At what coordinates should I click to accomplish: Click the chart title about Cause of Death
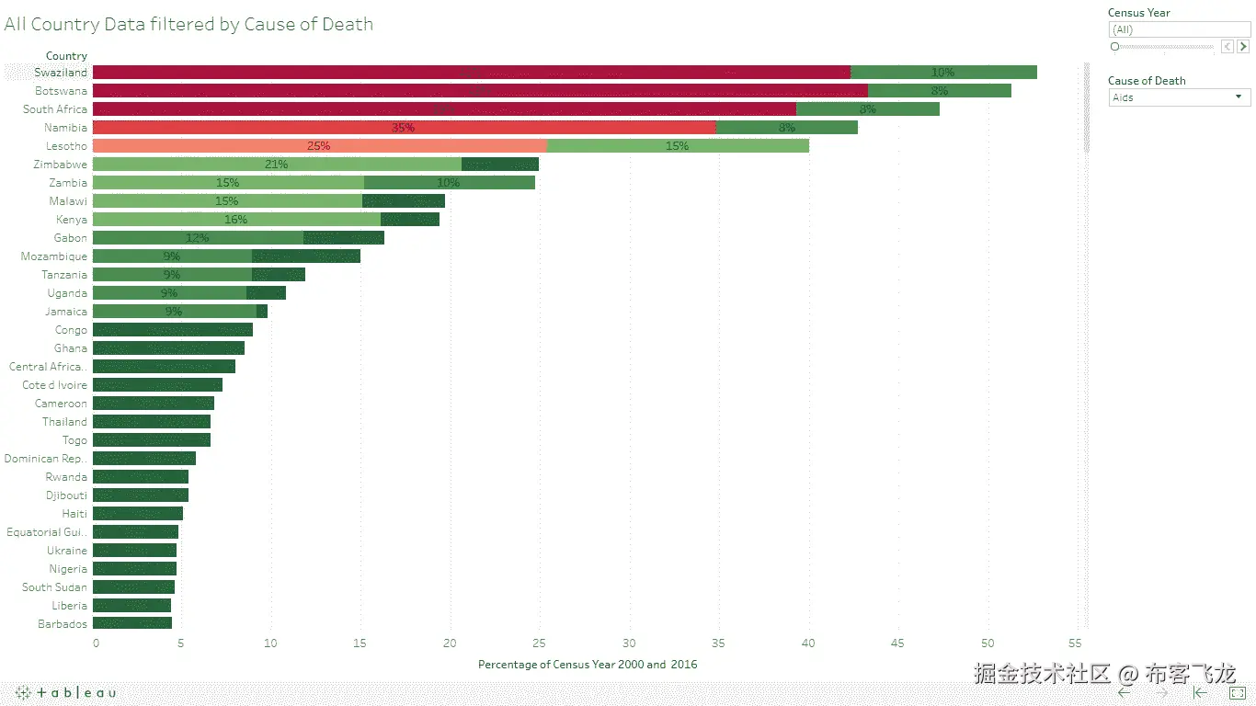(188, 25)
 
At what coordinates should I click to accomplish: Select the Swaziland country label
(61, 73)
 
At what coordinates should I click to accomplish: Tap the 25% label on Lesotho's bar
(318, 146)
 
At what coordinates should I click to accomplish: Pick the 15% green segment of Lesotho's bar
(678, 146)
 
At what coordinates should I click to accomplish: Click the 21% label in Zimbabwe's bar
(276, 165)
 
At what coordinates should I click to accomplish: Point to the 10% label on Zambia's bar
(449, 183)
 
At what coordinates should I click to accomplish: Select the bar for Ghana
(168, 348)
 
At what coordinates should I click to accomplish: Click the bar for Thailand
(152, 422)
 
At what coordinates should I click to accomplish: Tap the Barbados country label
(63, 624)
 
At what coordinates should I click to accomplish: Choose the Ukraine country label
(67, 551)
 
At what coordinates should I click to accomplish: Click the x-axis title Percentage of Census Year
(588, 664)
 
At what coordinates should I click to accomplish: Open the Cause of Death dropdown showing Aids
(1179, 97)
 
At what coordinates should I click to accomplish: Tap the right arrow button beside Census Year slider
(1243, 46)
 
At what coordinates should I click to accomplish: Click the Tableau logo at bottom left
(65, 693)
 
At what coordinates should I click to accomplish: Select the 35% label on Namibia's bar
(403, 128)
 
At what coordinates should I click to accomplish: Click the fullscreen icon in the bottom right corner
(1237, 693)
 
